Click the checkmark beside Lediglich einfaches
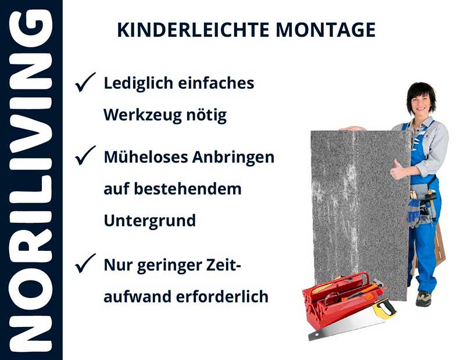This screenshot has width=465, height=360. coord(85,84)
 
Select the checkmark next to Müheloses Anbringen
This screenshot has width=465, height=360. coord(85,155)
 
